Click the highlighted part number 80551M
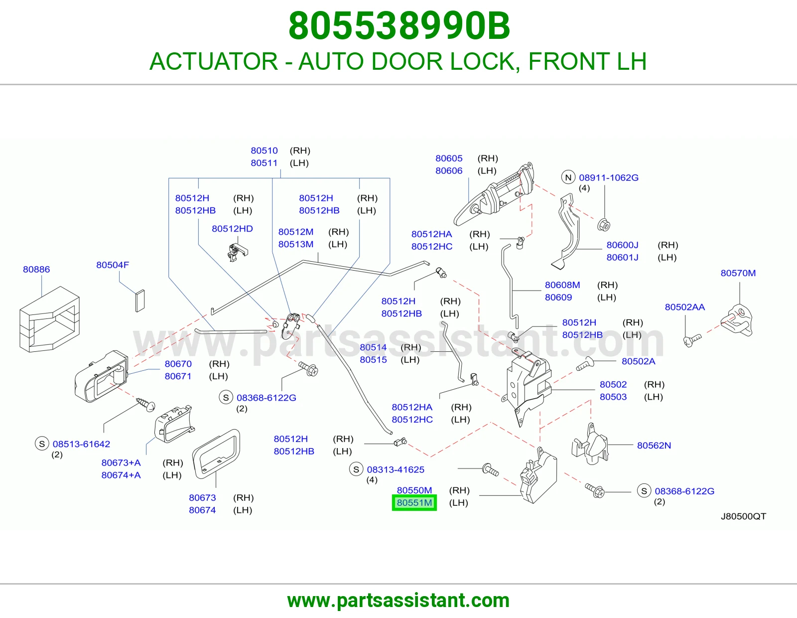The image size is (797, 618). [x=414, y=502]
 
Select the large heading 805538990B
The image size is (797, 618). [x=399, y=26]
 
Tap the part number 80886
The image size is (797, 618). [x=36, y=269]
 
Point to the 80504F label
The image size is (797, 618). [x=113, y=265]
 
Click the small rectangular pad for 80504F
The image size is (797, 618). [x=140, y=301]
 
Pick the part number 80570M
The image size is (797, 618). [x=738, y=273]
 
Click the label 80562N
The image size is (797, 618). [x=654, y=445]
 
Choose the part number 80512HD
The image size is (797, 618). [x=232, y=229]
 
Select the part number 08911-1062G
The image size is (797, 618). [x=609, y=177]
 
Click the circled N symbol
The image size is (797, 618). [x=568, y=177]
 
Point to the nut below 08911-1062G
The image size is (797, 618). [x=603, y=225]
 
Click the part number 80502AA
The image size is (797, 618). [x=685, y=307]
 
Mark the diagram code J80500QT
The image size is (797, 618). [x=743, y=516]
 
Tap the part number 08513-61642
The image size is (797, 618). [x=81, y=444]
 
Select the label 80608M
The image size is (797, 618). [x=562, y=285]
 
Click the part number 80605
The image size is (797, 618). [x=449, y=158]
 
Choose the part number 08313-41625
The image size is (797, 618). [x=396, y=469]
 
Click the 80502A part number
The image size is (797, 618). [x=638, y=361]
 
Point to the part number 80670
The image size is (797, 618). [x=178, y=364]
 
